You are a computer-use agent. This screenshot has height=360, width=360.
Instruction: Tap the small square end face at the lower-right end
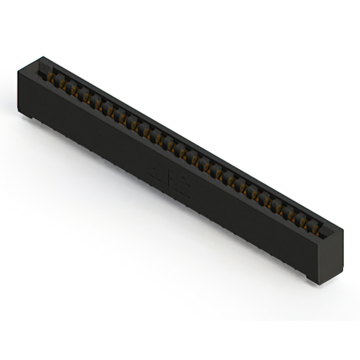click(325, 256)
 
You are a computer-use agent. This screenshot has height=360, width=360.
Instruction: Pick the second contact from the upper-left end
click(66, 85)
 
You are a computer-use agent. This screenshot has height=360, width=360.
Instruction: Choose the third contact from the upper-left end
click(77, 92)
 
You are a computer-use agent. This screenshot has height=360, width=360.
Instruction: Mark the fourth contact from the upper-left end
click(89, 98)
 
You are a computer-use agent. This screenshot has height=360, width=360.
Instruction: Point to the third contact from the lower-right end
click(292, 214)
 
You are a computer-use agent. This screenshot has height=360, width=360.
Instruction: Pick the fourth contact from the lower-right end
click(280, 208)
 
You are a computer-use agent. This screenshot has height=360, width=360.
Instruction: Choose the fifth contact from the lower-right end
click(268, 201)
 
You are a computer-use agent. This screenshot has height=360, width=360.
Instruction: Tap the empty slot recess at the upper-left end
click(46, 73)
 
